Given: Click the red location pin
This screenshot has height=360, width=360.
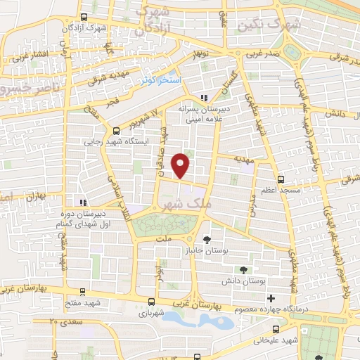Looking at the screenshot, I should pos(181,165).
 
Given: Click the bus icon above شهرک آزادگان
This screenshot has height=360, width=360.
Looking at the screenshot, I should pos(84,18).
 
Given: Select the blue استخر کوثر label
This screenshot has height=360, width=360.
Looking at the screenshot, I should pos(160,81).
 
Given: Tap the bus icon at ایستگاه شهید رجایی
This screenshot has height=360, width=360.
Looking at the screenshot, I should pos(117,130).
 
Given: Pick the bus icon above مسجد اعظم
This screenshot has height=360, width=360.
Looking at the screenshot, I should pos(281,179).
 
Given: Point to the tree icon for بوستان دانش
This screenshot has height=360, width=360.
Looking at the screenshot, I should pos(243,269).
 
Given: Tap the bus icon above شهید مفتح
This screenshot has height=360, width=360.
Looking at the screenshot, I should pos(83,292).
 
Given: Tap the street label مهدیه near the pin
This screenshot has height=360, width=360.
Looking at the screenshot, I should pos(243,160).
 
